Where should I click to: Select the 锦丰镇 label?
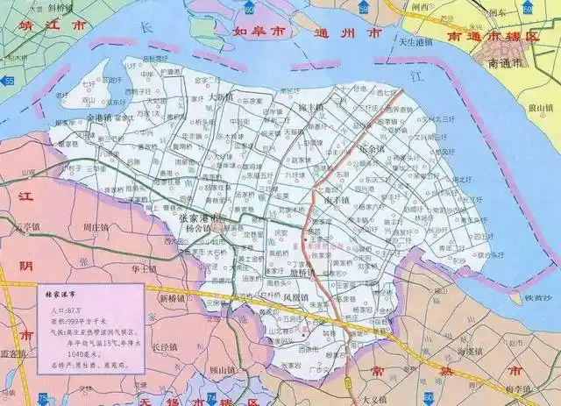(x=310, y=105)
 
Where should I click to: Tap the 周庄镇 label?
(x=96, y=228)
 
